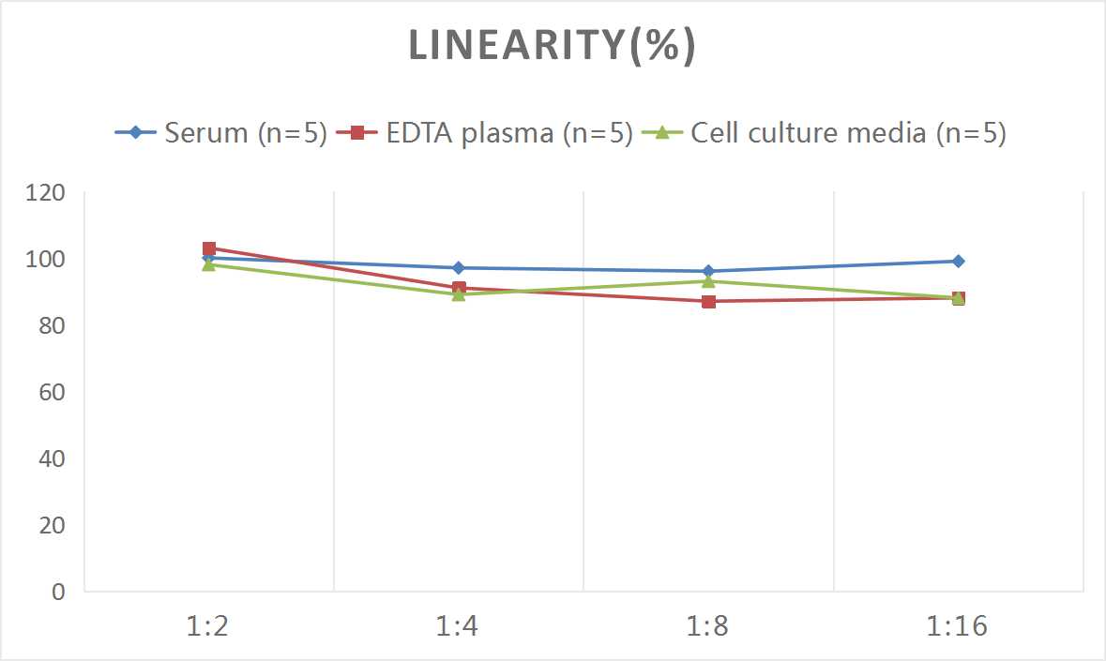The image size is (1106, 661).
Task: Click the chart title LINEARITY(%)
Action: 552,46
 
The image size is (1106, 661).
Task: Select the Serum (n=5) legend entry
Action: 221,133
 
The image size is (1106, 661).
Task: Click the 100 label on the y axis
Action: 46,259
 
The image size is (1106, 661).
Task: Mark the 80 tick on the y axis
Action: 51,325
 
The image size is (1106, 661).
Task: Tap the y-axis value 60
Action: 51,392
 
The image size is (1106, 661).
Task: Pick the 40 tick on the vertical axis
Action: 51,458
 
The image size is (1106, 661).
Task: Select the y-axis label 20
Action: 51,525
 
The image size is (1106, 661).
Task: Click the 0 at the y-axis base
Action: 58,592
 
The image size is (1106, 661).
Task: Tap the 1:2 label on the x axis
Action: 208,625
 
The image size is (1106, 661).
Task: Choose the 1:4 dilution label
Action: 459,625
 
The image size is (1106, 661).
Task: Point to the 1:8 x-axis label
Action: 708,625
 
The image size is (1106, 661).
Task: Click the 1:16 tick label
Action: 958,625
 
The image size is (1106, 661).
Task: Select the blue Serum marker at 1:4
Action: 459,268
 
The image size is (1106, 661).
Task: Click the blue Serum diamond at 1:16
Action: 958,262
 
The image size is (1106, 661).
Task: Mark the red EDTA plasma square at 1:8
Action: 708,301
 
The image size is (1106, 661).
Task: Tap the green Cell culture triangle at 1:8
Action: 708,281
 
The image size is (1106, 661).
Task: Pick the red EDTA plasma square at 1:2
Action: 209,248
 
